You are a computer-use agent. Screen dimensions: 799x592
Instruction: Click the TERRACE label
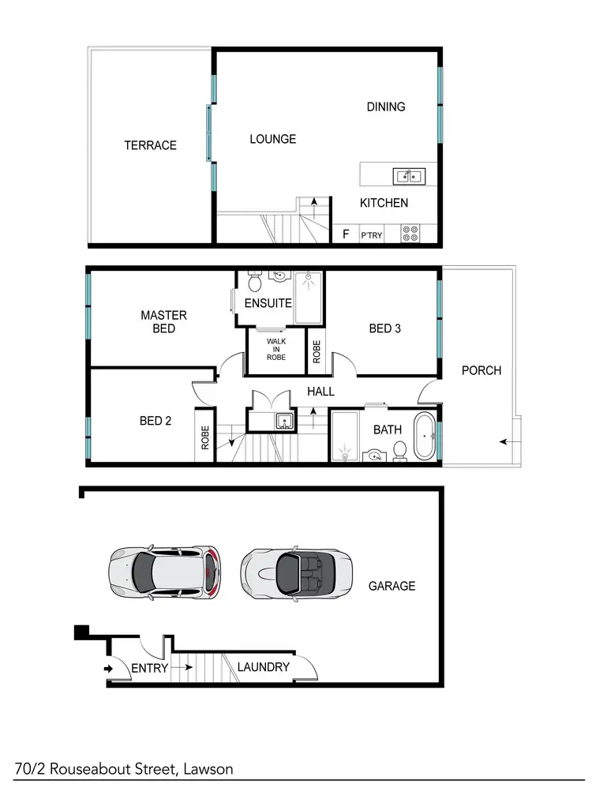(150, 145)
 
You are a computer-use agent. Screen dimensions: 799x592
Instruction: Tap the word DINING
(386, 107)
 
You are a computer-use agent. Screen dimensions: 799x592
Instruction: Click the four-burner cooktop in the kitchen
(410, 234)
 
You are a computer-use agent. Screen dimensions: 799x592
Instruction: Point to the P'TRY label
(371, 235)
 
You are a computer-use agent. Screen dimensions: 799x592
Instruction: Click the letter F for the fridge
(345, 234)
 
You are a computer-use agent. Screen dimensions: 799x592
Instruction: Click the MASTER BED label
(163, 321)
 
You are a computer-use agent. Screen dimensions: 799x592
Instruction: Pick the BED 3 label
(384, 328)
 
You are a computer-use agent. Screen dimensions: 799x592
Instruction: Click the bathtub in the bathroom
(425, 436)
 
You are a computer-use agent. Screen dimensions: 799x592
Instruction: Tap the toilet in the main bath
(399, 450)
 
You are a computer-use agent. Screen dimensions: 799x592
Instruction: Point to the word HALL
(320, 392)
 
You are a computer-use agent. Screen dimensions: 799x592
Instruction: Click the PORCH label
(481, 370)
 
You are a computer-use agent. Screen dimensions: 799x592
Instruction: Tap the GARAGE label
(392, 586)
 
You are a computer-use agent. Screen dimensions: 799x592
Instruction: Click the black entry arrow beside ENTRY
(108, 669)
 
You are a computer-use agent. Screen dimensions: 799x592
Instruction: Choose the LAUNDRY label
(264, 667)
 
